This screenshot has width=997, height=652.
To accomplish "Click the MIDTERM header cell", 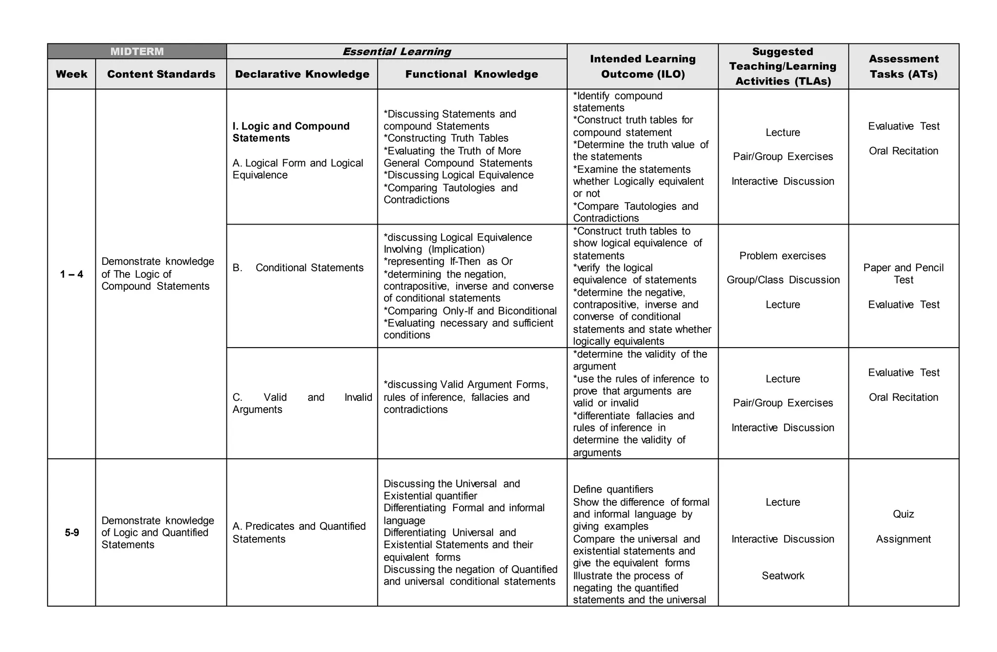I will [x=137, y=51].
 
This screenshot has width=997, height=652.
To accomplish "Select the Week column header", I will [x=72, y=74].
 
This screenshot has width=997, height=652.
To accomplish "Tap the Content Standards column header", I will [x=161, y=74].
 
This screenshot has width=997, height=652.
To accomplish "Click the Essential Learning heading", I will [x=397, y=51].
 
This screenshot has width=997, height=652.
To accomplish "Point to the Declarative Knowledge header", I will [x=302, y=74].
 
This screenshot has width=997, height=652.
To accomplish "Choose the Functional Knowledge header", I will [x=472, y=74].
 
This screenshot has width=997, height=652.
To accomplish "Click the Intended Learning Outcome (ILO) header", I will [x=643, y=66].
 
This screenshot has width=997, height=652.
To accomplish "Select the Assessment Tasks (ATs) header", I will [x=904, y=66].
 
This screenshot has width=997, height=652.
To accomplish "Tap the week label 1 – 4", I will [x=72, y=274].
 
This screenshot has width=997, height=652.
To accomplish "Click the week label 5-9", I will [x=72, y=533].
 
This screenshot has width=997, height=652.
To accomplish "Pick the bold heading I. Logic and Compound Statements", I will [x=291, y=132].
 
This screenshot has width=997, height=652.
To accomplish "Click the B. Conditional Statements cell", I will [x=298, y=268].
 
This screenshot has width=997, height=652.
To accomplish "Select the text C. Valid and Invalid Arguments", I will [x=302, y=403].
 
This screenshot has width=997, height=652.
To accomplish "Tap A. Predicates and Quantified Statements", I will [x=299, y=532].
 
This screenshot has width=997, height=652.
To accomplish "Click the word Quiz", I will [x=904, y=514].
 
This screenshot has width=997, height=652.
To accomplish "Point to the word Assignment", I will [x=904, y=539].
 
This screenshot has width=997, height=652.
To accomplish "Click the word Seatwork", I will [x=783, y=576].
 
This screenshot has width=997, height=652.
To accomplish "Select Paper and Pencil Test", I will [x=904, y=274].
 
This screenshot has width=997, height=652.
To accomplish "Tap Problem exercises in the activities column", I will [x=783, y=256].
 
